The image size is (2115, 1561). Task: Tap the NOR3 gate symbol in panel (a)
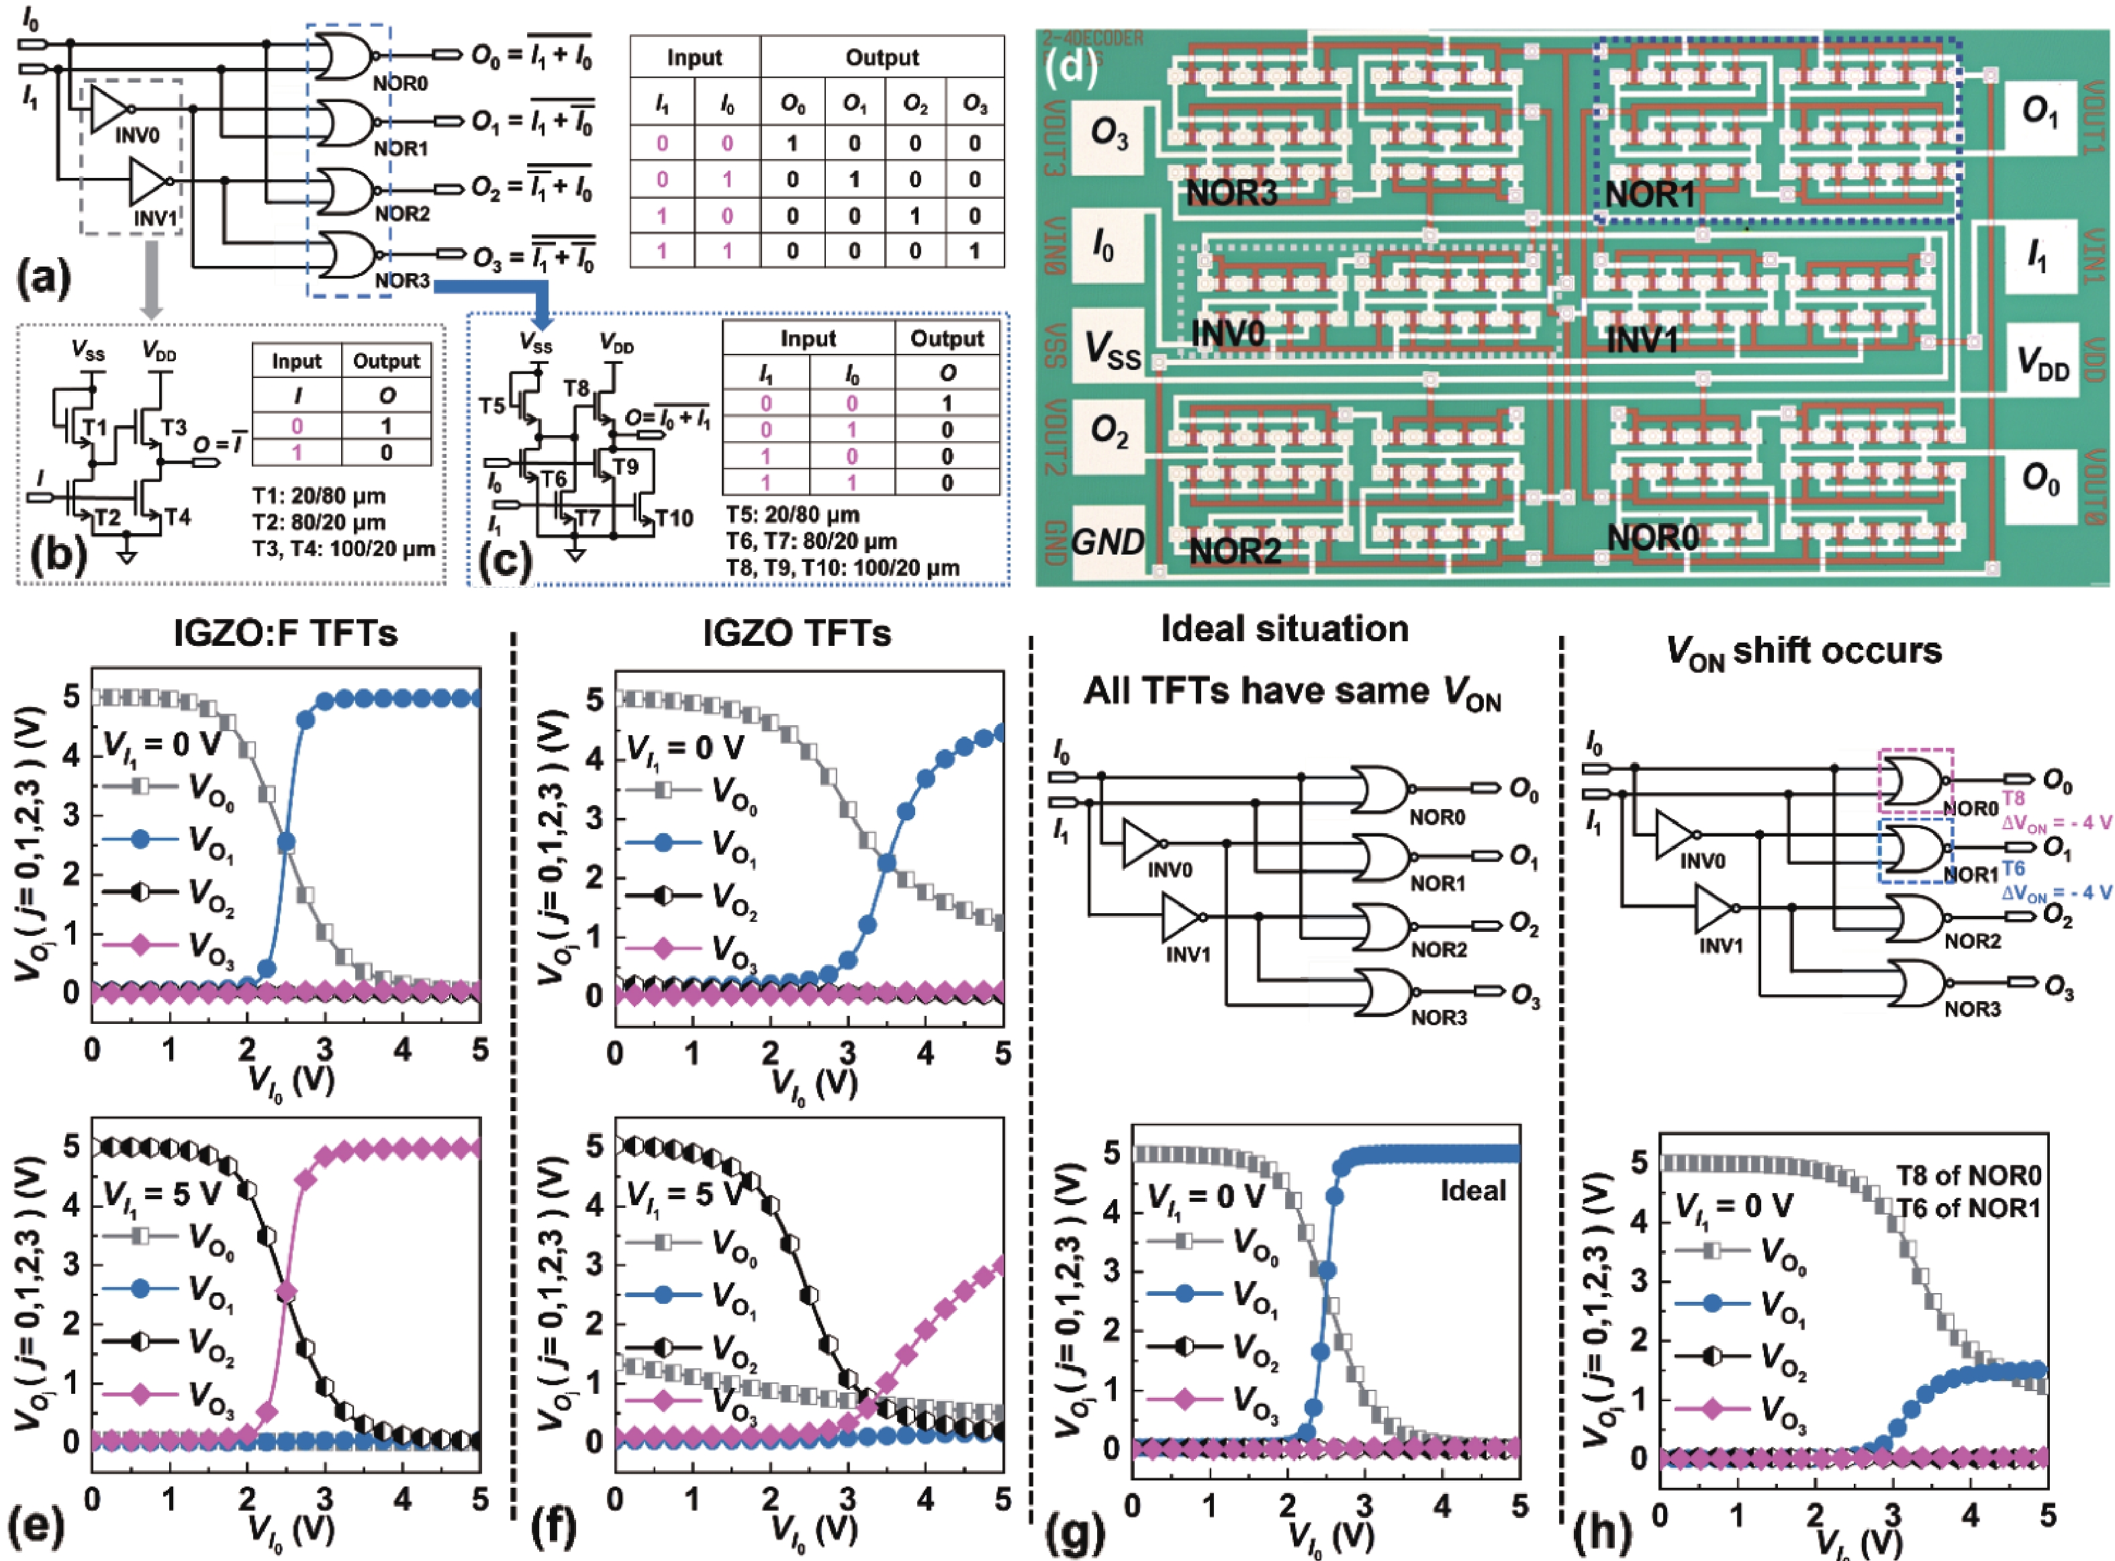(x=346, y=254)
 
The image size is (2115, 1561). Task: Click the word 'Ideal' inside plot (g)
(x=1472, y=1190)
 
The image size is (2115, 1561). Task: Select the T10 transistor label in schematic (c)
(x=674, y=518)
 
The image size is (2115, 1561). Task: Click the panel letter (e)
(x=36, y=1527)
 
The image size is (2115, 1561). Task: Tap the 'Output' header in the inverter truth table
(x=385, y=361)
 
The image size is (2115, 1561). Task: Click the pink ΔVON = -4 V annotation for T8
(x=2055, y=822)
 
